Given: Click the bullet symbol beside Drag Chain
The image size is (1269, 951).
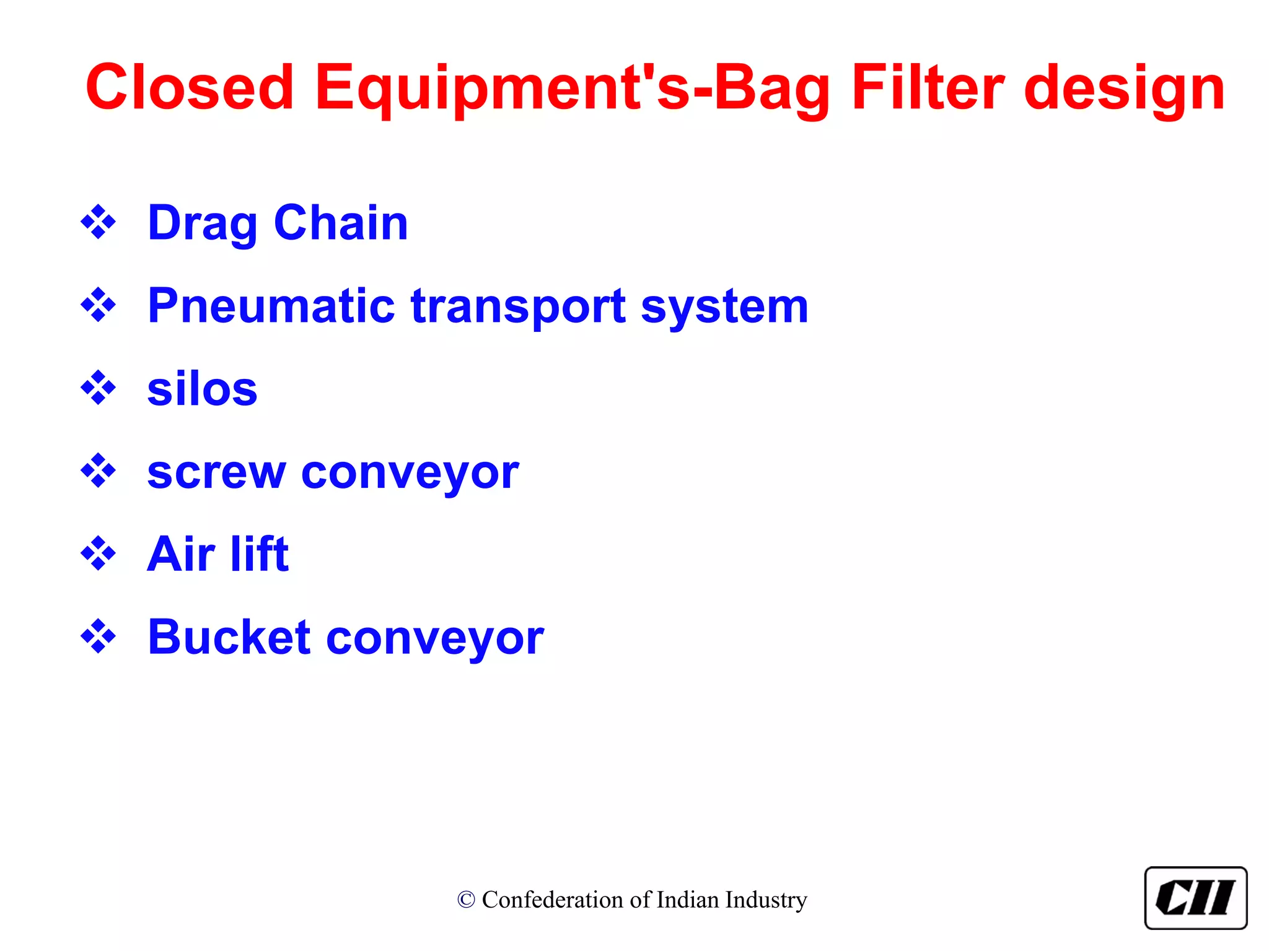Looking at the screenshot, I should coord(98,222).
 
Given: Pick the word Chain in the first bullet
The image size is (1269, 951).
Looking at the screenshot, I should coord(341,222).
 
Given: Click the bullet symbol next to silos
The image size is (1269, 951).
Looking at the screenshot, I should coord(98,388).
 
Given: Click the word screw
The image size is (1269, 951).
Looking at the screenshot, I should coord(216,473).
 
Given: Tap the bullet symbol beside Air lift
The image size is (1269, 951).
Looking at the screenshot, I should coord(98,553).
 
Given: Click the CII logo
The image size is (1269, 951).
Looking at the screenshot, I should coord(1195,898).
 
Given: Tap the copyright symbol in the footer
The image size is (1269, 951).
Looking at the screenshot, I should coord(466,900).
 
